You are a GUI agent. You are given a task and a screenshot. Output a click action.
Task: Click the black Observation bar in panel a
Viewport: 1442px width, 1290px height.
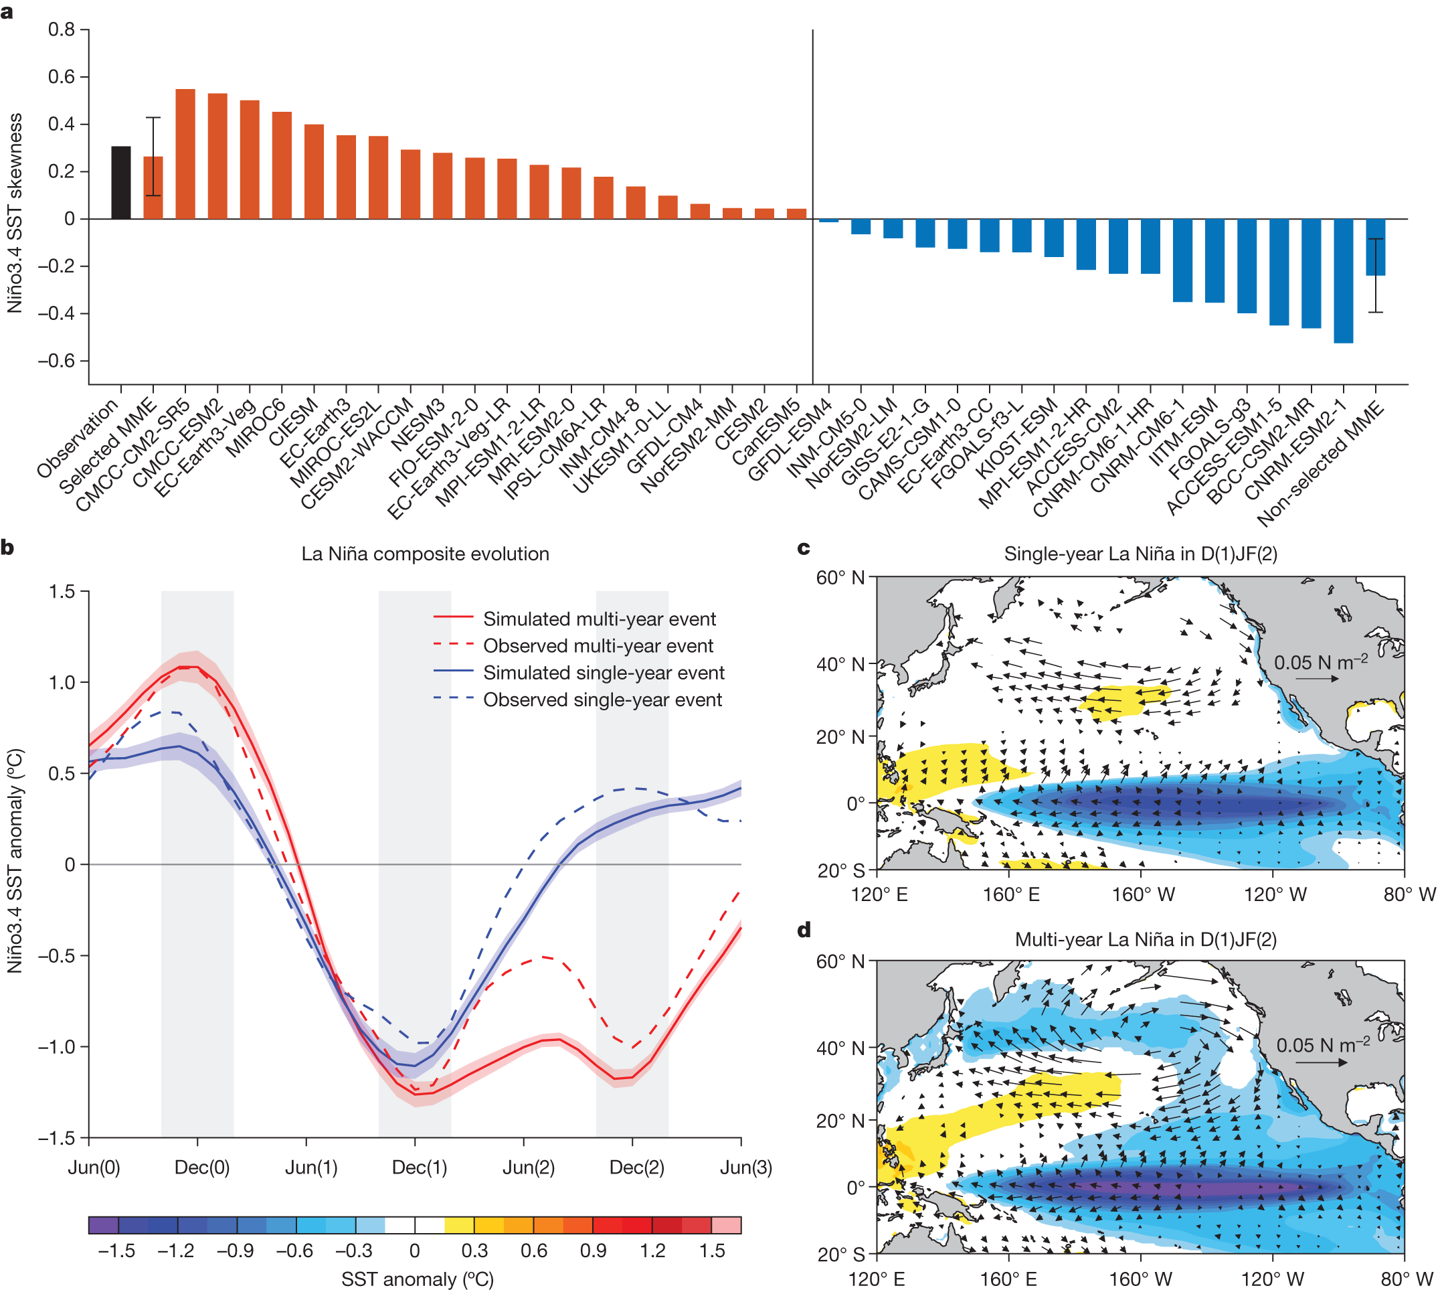(121, 183)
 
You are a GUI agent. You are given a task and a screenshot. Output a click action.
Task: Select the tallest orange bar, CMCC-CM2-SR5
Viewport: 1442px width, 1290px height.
(185, 154)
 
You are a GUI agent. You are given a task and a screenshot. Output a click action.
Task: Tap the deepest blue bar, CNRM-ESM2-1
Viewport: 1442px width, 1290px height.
(1343, 280)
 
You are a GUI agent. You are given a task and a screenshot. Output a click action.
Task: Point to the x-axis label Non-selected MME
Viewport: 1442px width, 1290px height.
(1322, 465)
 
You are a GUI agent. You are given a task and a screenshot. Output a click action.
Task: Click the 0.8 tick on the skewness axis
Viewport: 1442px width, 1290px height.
(62, 29)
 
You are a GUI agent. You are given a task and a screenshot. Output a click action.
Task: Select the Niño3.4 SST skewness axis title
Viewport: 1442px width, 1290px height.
(15, 213)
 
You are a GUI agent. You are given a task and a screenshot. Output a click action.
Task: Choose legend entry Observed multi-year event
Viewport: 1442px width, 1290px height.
(598, 646)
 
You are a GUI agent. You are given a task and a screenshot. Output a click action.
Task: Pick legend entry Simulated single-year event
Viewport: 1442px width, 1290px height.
(603, 673)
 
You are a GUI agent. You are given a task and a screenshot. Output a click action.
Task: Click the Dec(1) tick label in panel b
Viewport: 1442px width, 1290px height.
(420, 1167)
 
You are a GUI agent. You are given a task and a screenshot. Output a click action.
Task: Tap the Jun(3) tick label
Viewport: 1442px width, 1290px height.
(745, 1167)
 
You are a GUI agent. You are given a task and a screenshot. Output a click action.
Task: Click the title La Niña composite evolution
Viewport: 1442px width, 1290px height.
(425, 554)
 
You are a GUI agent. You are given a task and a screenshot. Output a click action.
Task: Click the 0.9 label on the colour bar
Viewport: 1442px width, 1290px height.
(593, 1251)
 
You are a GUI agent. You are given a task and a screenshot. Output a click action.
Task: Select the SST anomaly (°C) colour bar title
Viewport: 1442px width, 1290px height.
(418, 1279)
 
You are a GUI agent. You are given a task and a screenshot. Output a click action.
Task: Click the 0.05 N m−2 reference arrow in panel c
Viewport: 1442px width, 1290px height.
(1317, 679)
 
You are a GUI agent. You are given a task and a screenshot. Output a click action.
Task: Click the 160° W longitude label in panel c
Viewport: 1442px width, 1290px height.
(1143, 894)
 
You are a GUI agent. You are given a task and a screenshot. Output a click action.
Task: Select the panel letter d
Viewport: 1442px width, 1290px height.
(804, 929)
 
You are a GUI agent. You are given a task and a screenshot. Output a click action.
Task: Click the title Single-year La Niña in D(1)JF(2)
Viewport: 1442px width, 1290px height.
(1140, 554)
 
